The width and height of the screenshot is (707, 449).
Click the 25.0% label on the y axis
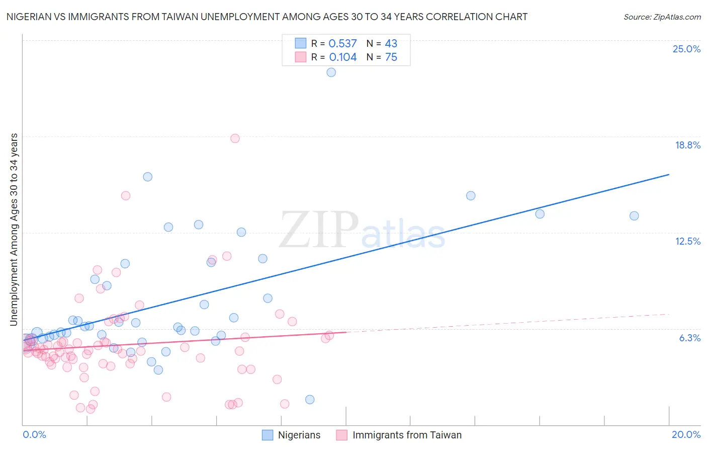(686, 49)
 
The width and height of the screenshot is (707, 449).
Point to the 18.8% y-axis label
(687, 145)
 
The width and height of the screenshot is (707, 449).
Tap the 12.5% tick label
(687, 241)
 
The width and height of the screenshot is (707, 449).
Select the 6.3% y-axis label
(689, 338)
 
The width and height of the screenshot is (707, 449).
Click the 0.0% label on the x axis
(34, 434)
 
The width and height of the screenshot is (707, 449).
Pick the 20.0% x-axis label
(686, 434)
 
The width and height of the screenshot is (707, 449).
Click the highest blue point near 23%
(331, 72)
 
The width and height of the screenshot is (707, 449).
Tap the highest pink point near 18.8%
(235, 138)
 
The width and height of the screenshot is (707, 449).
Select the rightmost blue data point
(634, 216)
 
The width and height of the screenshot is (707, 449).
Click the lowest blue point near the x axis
(310, 400)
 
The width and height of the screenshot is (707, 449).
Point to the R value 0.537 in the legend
(342, 43)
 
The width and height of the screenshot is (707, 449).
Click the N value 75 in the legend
(391, 57)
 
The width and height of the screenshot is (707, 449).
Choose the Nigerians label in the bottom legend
(299, 435)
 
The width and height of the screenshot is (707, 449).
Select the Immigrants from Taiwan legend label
(407, 435)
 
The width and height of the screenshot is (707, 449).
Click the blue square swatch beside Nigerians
(268, 435)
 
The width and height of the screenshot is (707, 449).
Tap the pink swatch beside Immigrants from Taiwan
(342, 435)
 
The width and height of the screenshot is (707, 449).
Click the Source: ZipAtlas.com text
(662, 17)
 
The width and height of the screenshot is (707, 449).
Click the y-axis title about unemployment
(14, 230)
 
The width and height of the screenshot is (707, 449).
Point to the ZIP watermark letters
(319, 230)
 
